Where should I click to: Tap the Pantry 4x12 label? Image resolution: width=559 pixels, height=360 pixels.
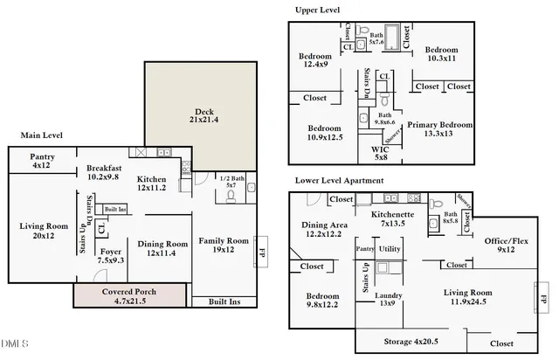tap(43, 161)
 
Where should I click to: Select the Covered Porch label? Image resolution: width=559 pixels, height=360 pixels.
tap(129, 295)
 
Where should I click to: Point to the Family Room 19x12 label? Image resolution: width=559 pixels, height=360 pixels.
tap(224, 245)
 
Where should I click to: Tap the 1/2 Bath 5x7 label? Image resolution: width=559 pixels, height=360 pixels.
tap(231, 182)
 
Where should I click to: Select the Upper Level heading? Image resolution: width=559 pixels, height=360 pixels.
tap(318, 10)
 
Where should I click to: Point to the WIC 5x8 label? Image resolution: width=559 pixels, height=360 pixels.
tap(380, 153)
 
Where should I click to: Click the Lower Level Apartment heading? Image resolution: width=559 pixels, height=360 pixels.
tap(338, 180)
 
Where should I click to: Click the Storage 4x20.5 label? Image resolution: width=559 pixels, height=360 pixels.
tap(411, 340)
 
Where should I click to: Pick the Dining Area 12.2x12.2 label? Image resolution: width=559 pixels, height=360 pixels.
tap(324, 228)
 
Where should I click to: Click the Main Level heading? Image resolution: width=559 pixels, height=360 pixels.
tap(44, 135)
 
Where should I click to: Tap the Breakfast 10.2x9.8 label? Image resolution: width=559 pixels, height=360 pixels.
tap(103, 171)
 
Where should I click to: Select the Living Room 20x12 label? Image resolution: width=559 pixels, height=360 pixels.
tap(43, 230)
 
